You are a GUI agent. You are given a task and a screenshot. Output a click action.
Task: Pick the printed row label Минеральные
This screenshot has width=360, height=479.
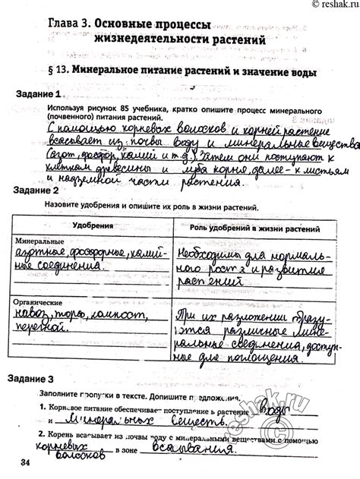click(x=39, y=241)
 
